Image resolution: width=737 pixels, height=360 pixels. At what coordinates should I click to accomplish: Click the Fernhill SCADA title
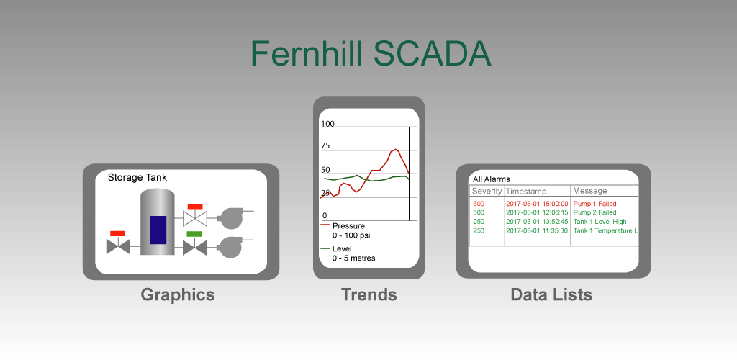[x=371, y=53]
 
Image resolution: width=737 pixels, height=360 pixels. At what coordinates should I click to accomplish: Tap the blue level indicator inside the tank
[x=158, y=230]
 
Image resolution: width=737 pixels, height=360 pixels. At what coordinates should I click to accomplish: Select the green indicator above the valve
[x=194, y=233]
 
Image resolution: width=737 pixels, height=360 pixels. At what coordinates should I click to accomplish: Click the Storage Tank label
[x=137, y=178]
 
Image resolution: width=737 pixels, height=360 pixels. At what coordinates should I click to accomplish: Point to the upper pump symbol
[x=232, y=217]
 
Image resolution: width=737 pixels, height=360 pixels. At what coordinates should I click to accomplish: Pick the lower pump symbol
[x=232, y=246]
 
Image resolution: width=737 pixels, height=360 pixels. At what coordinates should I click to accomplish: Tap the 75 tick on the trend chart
[x=325, y=145]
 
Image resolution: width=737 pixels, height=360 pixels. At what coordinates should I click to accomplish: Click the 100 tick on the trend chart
[x=327, y=124]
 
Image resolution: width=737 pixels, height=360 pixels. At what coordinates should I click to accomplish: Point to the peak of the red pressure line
[x=395, y=150]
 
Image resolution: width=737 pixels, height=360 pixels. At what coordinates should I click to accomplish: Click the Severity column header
[x=487, y=192]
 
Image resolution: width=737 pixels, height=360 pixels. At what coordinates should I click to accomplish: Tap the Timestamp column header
[x=526, y=192]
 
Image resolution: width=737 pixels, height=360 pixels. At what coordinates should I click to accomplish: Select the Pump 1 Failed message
[x=594, y=204]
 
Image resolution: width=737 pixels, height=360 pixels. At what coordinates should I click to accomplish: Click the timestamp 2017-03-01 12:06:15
[x=537, y=212]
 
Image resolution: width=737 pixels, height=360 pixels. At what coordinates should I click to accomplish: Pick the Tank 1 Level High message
[x=600, y=222]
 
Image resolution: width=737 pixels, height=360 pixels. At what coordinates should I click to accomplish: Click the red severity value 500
[x=479, y=204]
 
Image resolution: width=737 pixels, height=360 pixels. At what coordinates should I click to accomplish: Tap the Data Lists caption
[x=551, y=294]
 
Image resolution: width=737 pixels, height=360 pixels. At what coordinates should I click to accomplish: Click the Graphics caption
[x=178, y=294]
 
